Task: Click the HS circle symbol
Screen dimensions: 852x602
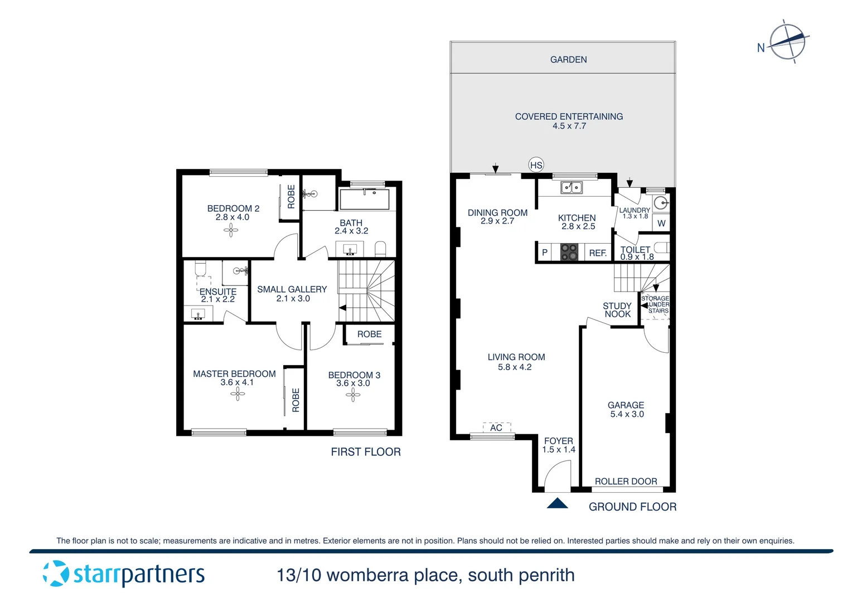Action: [536, 165]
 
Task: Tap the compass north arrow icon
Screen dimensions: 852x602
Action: [787, 41]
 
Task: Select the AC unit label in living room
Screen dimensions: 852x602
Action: [496, 428]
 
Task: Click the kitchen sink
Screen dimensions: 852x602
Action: [572, 188]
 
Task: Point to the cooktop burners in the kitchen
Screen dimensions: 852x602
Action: [569, 252]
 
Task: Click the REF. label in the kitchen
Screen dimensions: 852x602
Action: [598, 253]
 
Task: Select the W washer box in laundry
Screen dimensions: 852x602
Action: [661, 223]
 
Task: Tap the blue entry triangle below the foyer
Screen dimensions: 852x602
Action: [557, 503]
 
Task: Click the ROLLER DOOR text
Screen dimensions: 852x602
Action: [626, 481]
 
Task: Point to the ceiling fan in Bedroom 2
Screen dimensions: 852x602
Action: [231, 230]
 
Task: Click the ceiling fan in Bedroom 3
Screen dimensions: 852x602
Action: [353, 395]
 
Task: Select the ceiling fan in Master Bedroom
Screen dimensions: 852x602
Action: [238, 394]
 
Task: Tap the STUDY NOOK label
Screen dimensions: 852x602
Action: [617, 310]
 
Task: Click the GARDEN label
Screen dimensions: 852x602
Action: [568, 60]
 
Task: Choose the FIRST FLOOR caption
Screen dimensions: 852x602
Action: [366, 452]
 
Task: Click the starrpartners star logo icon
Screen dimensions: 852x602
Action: [56, 574]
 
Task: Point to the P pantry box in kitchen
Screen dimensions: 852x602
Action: [545, 253]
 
